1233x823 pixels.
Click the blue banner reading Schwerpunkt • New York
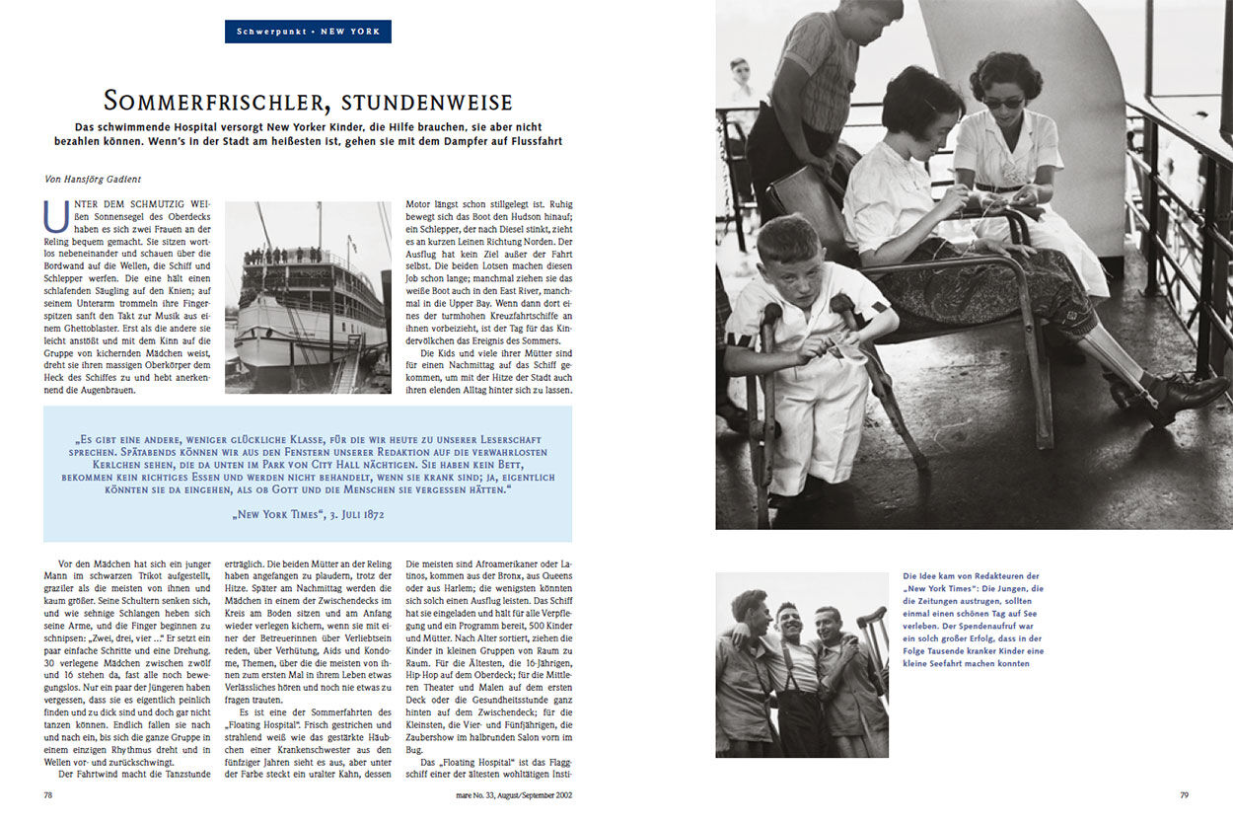308,32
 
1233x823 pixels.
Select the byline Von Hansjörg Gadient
93,179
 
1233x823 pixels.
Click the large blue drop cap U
57,214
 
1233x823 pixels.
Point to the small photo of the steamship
308,297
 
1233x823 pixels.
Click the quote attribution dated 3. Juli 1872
308,514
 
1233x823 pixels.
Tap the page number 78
48,793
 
